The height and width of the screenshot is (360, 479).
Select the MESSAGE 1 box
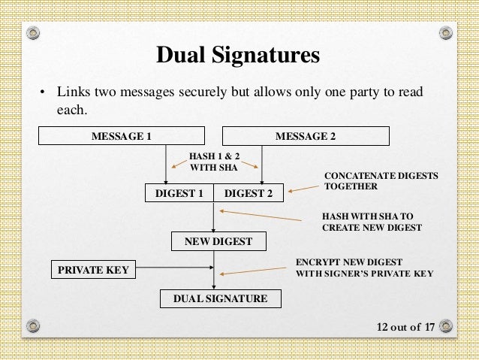pyautogui.click(x=122, y=136)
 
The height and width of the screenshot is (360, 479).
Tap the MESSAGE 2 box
pyautogui.click(x=306, y=136)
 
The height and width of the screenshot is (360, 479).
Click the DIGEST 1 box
pyautogui.click(x=179, y=193)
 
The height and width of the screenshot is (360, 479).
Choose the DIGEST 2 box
pyautogui.click(x=249, y=193)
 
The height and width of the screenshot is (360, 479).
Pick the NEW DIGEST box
pyautogui.click(x=214, y=241)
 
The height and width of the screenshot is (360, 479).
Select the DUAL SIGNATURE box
pyautogui.click(x=220, y=298)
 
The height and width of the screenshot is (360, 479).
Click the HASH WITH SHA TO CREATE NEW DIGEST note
pyautogui.click(x=371, y=220)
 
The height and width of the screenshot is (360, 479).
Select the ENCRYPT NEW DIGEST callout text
pyautogui.click(x=365, y=268)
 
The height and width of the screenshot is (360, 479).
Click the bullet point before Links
pyautogui.click(x=43, y=93)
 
